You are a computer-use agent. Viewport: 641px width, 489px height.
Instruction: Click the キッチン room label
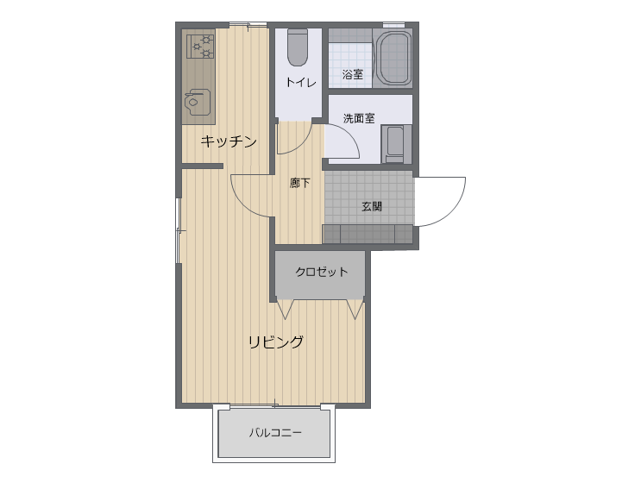(229, 141)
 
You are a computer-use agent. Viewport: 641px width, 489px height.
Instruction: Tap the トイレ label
(301, 83)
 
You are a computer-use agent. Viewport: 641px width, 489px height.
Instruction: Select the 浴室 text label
(352, 74)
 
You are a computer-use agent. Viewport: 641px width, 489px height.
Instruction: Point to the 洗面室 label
(359, 118)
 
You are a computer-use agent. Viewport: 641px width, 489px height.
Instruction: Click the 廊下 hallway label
(299, 183)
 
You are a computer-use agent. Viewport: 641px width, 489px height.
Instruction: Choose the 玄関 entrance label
(372, 206)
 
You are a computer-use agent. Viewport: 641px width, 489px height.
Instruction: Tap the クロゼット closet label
(321, 272)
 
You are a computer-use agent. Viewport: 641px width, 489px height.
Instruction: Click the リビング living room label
(276, 342)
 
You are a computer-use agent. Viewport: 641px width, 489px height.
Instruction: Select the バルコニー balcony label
(275, 432)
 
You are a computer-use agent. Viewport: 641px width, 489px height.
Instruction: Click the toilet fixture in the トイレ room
(297, 47)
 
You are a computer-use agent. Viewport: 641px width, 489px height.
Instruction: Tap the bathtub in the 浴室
(393, 58)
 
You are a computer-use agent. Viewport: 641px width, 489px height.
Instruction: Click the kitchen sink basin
(197, 102)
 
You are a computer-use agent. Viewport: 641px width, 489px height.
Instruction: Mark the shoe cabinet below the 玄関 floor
(368, 234)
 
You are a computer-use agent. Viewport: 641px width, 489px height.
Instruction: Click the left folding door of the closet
(286, 310)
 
